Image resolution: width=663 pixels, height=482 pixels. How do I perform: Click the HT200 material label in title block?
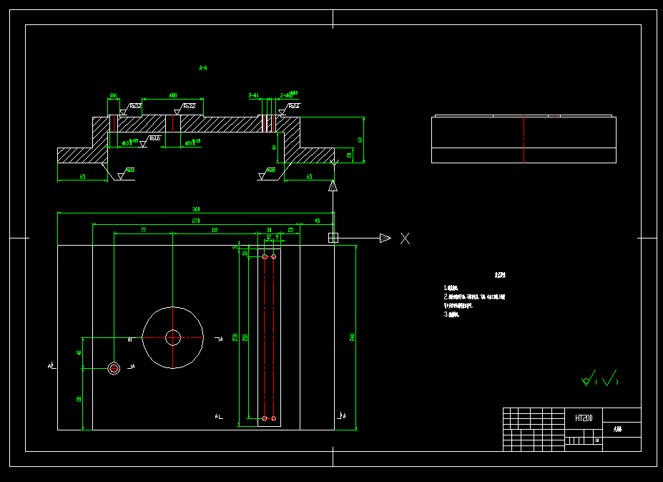[x=584, y=418]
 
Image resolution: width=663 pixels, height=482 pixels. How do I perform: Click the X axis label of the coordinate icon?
[x=405, y=238]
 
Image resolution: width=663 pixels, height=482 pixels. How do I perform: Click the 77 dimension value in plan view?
[x=143, y=230]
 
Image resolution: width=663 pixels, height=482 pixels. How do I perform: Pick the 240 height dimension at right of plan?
[x=352, y=337]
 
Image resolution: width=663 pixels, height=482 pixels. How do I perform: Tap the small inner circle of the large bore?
[x=173, y=337]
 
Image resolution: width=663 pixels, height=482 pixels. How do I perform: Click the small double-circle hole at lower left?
[x=114, y=368]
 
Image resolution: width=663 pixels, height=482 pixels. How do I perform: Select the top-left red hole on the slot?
[x=265, y=256]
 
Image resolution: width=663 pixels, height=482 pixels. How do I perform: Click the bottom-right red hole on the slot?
[x=273, y=418]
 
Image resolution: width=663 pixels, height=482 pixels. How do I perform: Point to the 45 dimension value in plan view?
[x=318, y=221]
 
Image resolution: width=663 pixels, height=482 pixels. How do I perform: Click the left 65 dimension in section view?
[x=82, y=176]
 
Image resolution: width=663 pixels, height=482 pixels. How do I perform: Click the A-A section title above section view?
[x=203, y=68]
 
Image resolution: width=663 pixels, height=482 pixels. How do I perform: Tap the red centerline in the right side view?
[x=524, y=139]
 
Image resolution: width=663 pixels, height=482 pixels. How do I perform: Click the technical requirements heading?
[x=499, y=275]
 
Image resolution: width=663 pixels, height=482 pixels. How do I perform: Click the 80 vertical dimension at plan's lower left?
[x=79, y=399]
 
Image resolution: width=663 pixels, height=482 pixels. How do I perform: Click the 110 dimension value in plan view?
[x=215, y=230]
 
